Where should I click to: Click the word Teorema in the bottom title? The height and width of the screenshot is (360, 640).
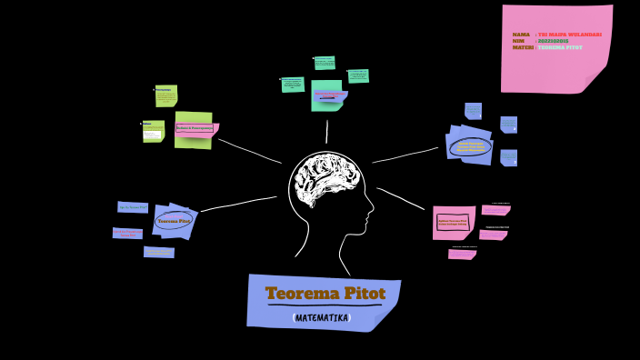297,294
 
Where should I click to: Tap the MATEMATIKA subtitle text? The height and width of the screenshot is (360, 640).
322,318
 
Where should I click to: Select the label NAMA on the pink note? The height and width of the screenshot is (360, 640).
521,35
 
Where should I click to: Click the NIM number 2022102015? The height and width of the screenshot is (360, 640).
554,41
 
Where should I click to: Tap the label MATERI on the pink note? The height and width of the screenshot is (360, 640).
523,47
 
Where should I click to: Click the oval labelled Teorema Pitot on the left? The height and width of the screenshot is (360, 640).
174,221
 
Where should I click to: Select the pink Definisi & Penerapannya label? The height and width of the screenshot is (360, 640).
195,129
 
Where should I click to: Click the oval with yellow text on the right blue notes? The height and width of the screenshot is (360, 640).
471,146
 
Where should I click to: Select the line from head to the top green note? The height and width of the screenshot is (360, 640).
326,131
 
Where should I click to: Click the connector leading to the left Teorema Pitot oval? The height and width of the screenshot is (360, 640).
238,204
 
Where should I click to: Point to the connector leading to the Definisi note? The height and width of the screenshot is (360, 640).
249,151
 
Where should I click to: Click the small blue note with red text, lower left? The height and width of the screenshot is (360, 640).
127,233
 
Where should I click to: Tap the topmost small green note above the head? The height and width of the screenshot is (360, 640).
325,63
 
